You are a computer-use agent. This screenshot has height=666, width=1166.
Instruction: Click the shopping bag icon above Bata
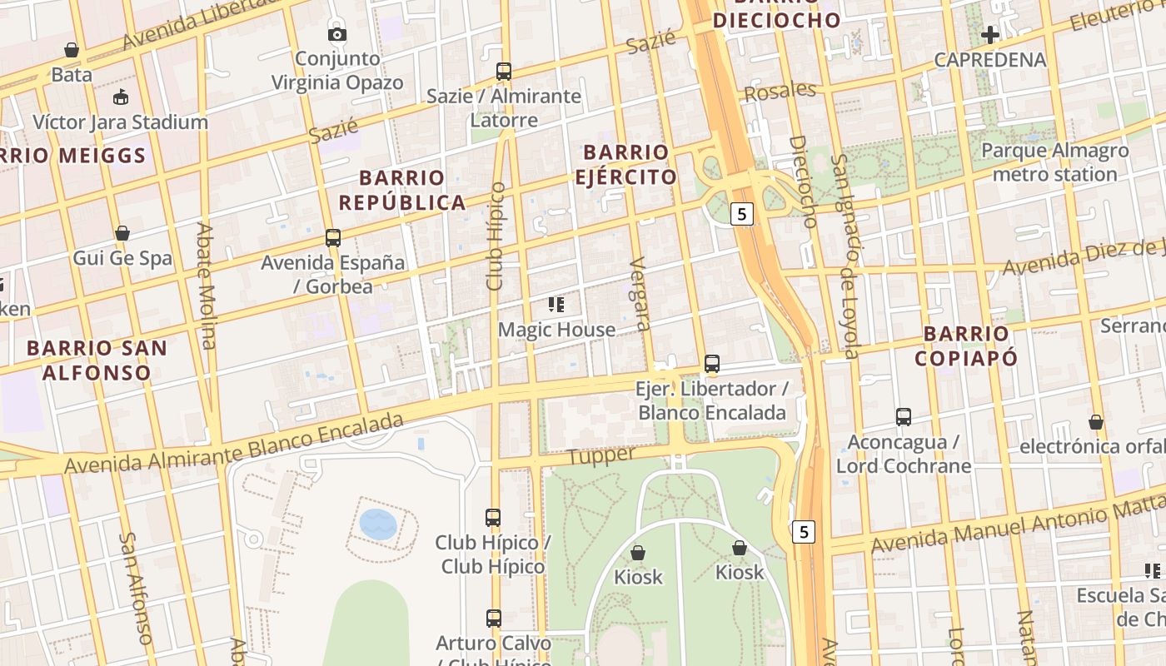coord(72,50)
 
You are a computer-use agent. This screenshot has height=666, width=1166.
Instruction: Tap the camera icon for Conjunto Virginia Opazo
coord(336,34)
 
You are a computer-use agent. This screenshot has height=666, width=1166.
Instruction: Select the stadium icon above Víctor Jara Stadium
coord(121,97)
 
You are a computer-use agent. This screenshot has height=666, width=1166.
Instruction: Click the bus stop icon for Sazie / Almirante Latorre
coord(503,72)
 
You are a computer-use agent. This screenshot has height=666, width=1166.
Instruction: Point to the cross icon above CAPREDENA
coord(989,35)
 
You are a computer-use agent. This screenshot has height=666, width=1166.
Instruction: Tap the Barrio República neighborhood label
coord(401,190)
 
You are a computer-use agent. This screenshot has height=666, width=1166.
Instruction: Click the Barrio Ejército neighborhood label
coord(625,164)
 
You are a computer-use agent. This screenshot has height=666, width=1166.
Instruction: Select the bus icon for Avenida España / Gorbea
coord(332,238)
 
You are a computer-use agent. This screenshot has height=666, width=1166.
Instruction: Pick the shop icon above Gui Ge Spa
coord(122,233)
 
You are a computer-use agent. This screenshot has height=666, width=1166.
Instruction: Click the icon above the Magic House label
coord(556,305)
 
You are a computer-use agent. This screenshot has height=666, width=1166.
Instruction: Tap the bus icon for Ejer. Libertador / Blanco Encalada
coord(711,364)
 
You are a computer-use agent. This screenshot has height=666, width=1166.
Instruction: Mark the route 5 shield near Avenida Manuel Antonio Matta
coord(803,532)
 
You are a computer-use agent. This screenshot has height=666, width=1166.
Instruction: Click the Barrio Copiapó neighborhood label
coord(966,346)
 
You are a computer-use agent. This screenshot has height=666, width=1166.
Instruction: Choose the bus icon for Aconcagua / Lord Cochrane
coord(903,417)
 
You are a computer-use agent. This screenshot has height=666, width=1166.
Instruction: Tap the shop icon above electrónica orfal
coord(1095,422)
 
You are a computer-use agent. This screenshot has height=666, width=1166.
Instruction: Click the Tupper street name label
coord(600,455)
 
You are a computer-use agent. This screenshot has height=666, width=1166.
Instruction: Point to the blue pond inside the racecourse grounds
coord(378,524)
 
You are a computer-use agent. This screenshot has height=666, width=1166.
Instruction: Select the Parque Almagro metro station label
coord(1054,162)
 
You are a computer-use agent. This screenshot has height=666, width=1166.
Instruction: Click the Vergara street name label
coord(640,294)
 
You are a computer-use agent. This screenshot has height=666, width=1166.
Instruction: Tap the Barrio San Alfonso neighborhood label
coord(97,360)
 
